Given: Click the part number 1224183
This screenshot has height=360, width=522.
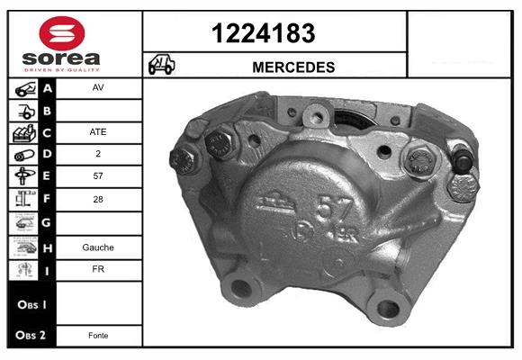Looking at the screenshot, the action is (264, 33).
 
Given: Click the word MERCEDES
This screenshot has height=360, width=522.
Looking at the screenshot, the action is (293, 67).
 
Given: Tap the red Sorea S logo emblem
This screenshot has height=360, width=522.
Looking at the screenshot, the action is (62, 33).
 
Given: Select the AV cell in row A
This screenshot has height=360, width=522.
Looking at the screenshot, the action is (98, 87).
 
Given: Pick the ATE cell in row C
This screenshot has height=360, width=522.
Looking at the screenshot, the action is (98, 132).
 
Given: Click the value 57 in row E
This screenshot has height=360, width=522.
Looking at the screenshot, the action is (98, 175).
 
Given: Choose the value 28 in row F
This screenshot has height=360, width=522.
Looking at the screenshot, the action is (98, 199).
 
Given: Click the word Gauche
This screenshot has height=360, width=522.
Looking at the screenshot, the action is (98, 247).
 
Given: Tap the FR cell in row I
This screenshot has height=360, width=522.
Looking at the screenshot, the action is (98, 269).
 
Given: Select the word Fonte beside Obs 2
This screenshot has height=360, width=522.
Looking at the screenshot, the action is (98, 336).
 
